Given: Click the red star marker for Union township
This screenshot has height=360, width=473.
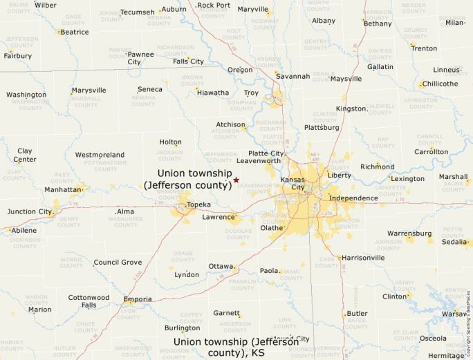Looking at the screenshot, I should coord(236,180).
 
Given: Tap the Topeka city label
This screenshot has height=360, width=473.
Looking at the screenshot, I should coord(198,205).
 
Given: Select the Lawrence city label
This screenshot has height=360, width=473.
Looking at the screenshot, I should coord(218,217).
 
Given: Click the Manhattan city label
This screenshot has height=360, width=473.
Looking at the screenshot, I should coord(64,189).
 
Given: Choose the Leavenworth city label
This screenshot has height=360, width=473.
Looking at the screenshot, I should coord(259,161).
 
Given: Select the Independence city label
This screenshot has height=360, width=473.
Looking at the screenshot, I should coord(353,198).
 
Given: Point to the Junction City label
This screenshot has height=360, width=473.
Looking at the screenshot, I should coord(30,211).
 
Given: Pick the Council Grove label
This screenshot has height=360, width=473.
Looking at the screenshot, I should coord(118,263).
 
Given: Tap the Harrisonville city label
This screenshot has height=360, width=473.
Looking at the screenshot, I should coord(363,258).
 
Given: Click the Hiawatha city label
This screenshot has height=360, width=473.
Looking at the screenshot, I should coord(214,93).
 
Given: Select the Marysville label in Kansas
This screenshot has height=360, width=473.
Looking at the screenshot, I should coord(89,91).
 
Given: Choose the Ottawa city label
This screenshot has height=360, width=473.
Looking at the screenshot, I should coord(221,266).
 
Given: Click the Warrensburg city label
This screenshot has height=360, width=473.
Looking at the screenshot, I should coord(409,234).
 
